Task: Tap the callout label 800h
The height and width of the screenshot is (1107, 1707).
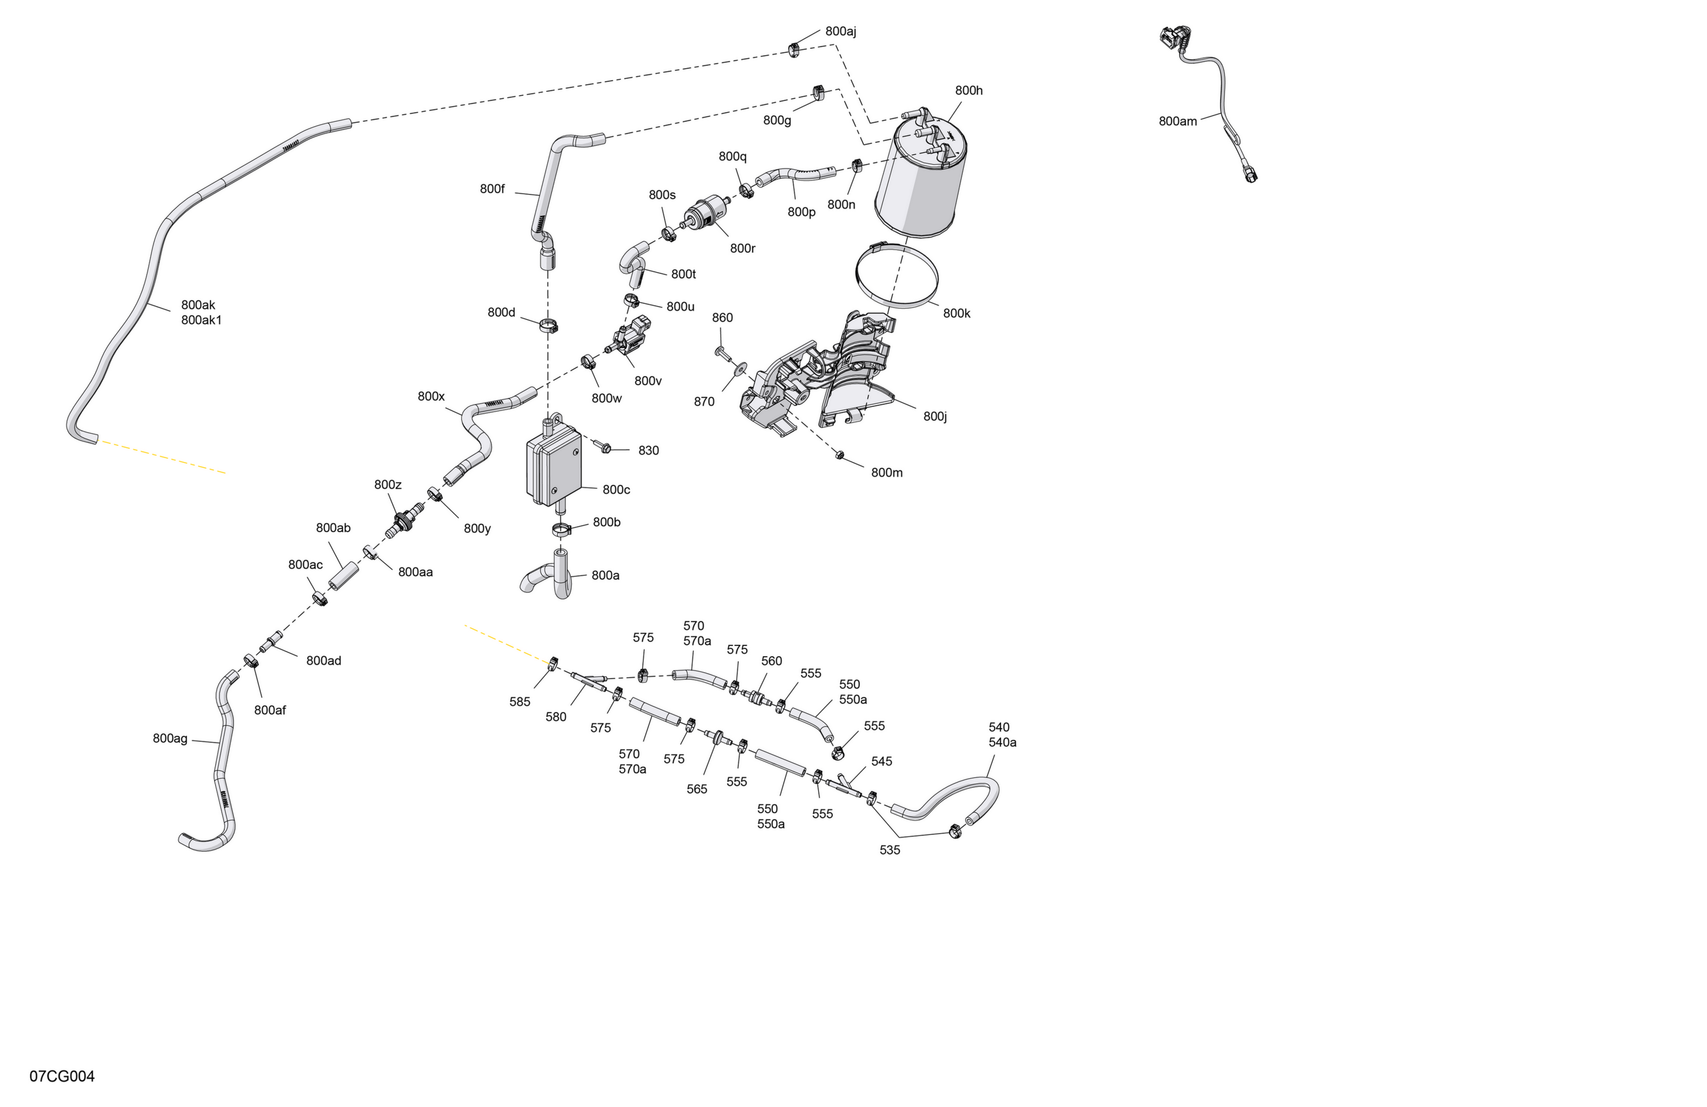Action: [x=968, y=90]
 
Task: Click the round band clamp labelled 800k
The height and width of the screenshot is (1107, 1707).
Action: [x=897, y=275]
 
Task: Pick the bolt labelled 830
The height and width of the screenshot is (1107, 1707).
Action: [x=603, y=446]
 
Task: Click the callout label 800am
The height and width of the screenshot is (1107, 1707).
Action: [x=1178, y=121]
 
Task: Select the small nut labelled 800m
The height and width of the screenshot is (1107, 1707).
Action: [x=839, y=455]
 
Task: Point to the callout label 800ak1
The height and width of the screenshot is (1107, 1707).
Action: [x=201, y=320]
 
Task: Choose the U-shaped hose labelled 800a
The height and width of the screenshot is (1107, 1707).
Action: [x=550, y=575]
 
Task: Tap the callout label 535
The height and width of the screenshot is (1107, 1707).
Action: [x=889, y=850]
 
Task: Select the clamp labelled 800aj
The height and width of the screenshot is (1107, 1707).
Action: [x=794, y=50]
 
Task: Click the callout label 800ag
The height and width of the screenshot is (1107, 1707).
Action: [x=170, y=738]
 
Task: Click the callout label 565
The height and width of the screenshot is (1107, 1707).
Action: [x=696, y=789]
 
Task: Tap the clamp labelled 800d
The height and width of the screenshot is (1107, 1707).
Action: [x=550, y=327]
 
